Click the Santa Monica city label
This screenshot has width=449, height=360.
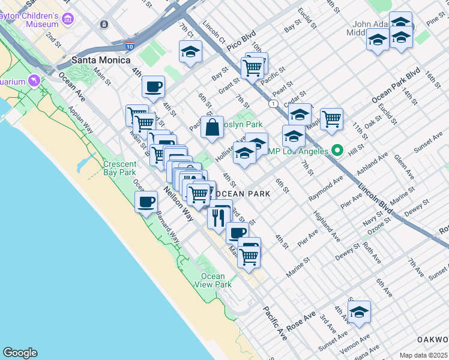(x=101, y=60)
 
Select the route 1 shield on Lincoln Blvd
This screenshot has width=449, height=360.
(x=273, y=104)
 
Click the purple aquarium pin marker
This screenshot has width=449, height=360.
(x=34, y=80)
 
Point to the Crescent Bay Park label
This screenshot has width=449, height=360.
(x=119, y=168)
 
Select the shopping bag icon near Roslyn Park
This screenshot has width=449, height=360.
(x=212, y=127)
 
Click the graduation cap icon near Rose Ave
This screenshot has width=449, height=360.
(x=359, y=312)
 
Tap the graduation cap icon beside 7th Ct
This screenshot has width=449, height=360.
(x=190, y=52)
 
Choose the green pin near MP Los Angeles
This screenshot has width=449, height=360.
(x=338, y=151)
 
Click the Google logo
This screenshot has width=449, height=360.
(x=20, y=353)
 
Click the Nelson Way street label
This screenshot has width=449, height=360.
(x=178, y=205)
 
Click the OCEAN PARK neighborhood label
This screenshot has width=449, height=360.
(x=243, y=194)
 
